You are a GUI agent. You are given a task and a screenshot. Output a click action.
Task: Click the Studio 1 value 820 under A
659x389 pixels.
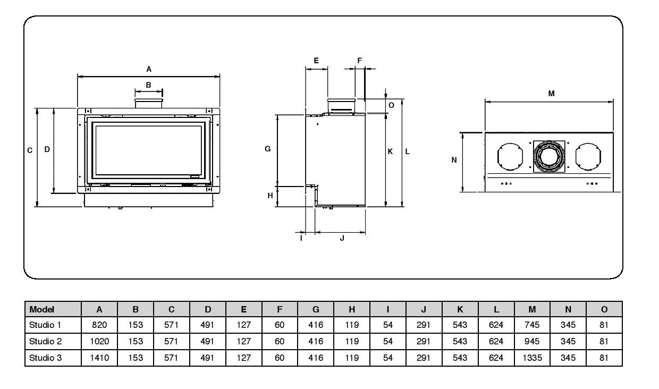pyautogui.click(x=99, y=325)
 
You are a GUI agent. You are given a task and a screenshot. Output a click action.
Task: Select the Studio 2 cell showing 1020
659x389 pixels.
pyautogui.click(x=99, y=342)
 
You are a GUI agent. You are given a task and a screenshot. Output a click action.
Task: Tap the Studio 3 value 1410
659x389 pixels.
pyautogui.click(x=99, y=358)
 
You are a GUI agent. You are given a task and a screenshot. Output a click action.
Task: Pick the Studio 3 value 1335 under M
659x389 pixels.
pyautogui.click(x=532, y=358)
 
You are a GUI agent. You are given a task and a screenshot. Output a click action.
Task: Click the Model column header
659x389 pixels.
pyautogui.click(x=42, y=309)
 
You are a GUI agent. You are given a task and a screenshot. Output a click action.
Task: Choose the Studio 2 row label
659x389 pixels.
pyautogui.click(x=45, y=342)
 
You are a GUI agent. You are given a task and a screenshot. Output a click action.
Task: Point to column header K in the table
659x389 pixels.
pyautogui.click(x=460, y=309)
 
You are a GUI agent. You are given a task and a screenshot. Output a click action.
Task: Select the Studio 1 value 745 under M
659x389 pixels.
pyautogui.click(x=532, y=325)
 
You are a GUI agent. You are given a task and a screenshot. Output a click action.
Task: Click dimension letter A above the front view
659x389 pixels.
pyautogui.click(x=149, y=69)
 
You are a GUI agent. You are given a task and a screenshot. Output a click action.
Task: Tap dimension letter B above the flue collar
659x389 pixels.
pyautogui.click(x=148, y=84)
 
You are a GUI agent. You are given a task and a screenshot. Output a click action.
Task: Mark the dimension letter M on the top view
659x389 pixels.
pyautogui.click(x=551, y=94)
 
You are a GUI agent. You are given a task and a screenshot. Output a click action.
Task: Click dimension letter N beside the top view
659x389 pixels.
pyautogui.click(x=454, y=160)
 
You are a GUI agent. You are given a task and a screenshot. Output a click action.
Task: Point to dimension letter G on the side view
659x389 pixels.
pyautogui.click(x=268, y=149)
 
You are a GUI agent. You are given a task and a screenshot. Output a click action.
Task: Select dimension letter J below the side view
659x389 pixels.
pyautogui.click(x=342, y=239)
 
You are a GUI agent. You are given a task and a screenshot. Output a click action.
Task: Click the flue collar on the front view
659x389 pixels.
pyautogui.click(x=148, y=103)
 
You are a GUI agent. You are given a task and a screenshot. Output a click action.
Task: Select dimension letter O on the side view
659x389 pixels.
pyautogui.click(x=391, y=105)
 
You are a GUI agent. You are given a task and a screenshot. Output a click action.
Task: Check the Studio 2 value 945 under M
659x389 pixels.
pyautogui.click(x=532, y=342)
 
